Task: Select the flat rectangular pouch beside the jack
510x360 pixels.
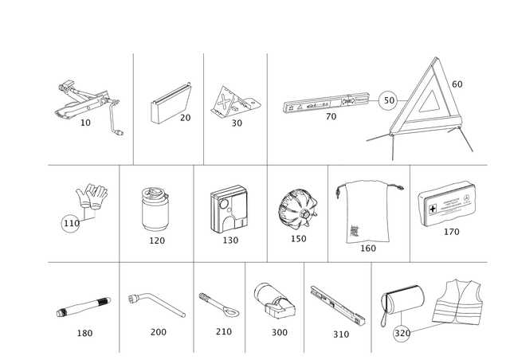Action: (x=168, y=105)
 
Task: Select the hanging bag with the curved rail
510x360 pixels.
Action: (x=368, y=211)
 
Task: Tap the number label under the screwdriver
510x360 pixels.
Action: (x=84, y=334)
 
